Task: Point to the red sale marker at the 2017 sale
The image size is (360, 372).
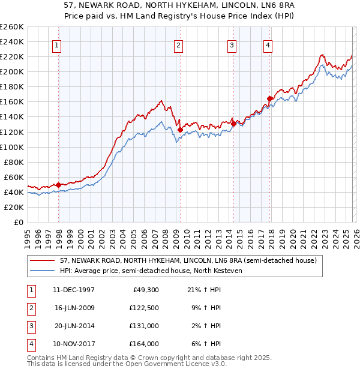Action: point(270,98)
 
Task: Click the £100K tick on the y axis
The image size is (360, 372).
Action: point(12,147)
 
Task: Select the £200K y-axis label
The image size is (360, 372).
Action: point(12,71)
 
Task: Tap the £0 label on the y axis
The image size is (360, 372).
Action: point(18,222)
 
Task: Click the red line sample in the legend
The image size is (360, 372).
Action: point(43,260)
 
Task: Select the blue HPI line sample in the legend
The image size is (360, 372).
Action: point(43,271)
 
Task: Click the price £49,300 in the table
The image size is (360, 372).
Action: point(145,290)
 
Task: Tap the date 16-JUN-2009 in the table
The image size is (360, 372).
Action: point(74,308)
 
